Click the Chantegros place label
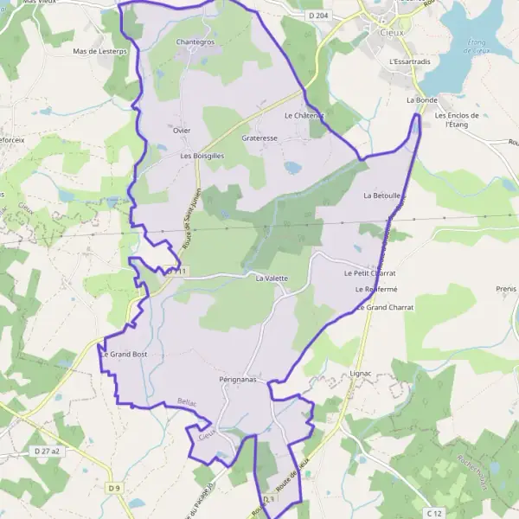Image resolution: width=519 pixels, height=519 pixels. point(195,41)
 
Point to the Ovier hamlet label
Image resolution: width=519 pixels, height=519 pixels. point(181,131)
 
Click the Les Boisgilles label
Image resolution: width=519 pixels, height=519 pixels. point(202,156)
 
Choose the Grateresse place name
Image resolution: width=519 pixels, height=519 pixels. point(259,138)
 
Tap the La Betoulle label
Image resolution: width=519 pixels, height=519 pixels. point(381,195)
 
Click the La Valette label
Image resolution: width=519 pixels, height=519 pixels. point(271,279)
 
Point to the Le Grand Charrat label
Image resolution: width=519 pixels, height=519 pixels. point(385,307)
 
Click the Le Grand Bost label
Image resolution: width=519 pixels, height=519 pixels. point(125,355)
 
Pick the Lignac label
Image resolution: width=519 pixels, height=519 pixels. point(361,373)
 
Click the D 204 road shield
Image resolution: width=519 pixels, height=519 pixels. point(318,16)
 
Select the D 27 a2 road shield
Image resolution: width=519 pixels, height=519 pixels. point(47,452)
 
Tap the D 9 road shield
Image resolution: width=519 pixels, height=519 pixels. point(114,489)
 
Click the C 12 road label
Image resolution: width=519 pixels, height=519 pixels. point(434,514)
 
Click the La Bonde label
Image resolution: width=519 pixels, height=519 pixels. point(422,100)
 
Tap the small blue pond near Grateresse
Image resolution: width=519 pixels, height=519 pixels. point(292,166)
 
